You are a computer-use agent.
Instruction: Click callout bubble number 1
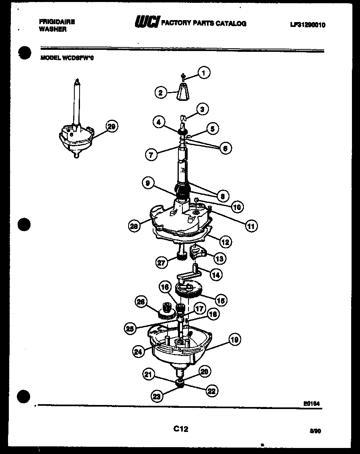(204, 73)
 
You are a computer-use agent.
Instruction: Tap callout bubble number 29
(111, 127)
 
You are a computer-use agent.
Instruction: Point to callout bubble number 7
(151, 154)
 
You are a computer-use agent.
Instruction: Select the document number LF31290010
(308, 25)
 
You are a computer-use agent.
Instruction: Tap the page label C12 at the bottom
(180, 429)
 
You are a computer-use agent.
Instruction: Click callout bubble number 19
(235, 339)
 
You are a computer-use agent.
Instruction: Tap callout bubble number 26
(141, 302)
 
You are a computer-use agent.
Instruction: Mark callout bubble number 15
(221, 299)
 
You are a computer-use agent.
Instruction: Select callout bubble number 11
(251, 226)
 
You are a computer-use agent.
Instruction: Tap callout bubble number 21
(148, 374)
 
